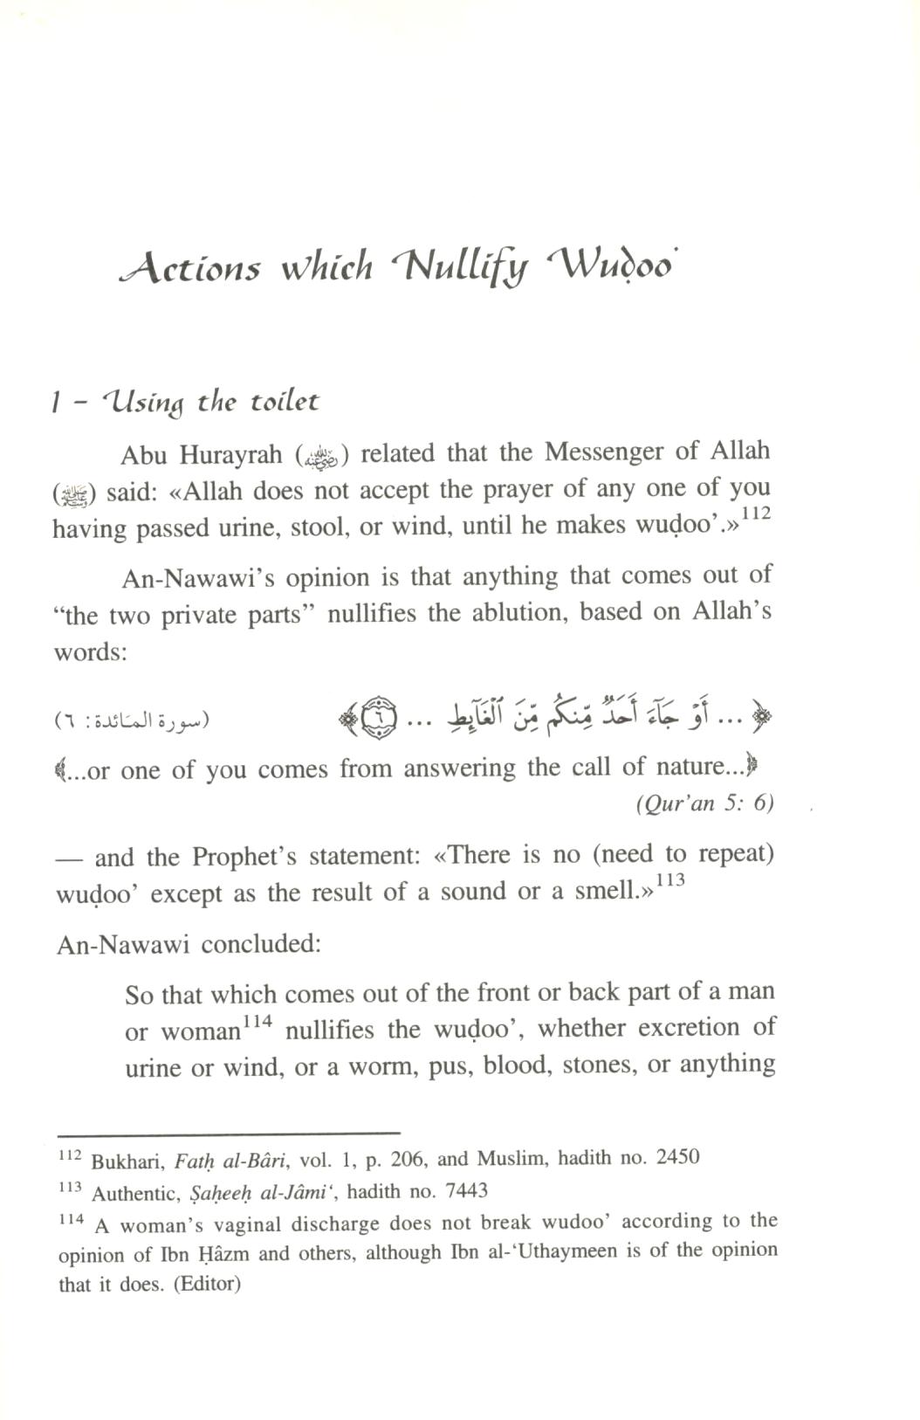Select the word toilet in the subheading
[285, 402]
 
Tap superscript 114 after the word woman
[257, 1021]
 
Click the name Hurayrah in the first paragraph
[232, 454]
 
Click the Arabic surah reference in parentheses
[132, 721]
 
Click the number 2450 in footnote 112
[677, 1158]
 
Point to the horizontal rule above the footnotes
[229, 1132]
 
